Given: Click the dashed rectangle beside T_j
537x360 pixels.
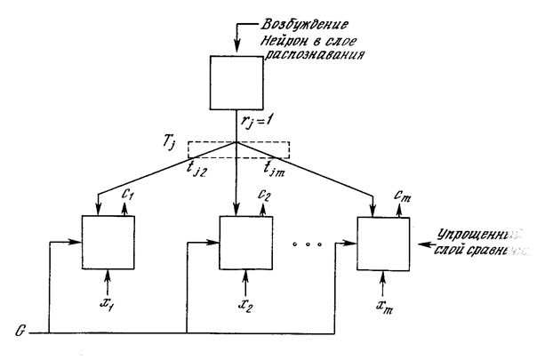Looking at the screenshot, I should [239, 151].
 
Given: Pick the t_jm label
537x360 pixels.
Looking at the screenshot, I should [277, 164].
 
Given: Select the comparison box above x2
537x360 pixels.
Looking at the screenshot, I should [244, 241].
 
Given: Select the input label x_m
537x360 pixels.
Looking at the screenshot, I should [382, 306].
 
